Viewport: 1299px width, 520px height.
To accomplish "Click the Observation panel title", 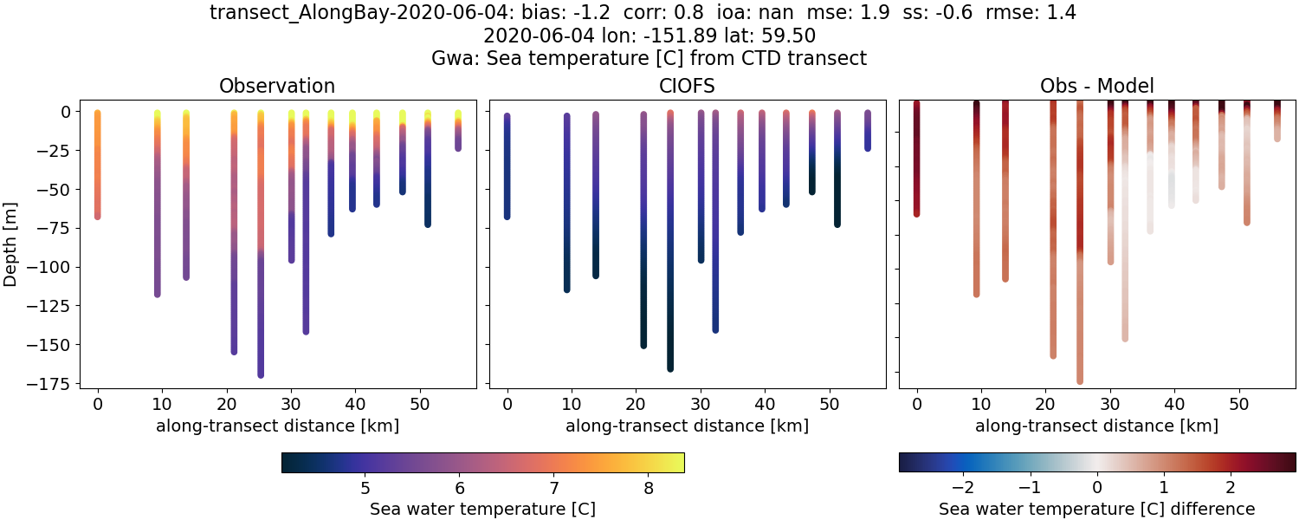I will point(277,86).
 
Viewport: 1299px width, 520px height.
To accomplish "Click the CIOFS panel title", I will point(687,86).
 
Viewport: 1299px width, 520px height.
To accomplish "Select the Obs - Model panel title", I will point(1096,86).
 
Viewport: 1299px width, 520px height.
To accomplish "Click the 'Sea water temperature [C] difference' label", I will point(1096,509).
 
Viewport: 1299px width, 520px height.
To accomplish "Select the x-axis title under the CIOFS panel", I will point(687,426).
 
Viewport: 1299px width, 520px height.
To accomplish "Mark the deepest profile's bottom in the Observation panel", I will point(261,374).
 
